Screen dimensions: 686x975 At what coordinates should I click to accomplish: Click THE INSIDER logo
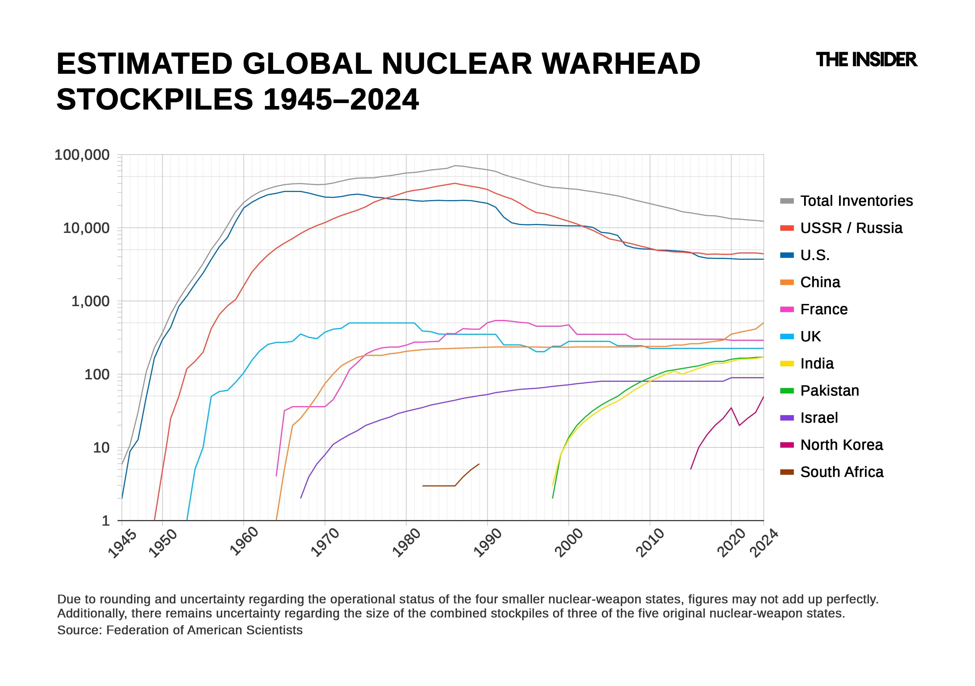tap(866, 60)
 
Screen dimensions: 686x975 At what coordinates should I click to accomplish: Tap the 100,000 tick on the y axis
tap(82, 155)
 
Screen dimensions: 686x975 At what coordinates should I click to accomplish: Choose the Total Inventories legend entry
tap(856, 201)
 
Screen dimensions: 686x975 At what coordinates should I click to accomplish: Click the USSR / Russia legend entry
tap(851, 228)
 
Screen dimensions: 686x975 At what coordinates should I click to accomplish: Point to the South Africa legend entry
tap(842, 472)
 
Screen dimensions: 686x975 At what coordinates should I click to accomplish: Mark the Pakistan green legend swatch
tap(787, 391)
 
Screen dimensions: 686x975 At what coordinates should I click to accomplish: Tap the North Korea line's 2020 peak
tap(731, 408)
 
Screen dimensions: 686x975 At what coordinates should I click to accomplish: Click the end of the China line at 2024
tap(763, 323)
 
